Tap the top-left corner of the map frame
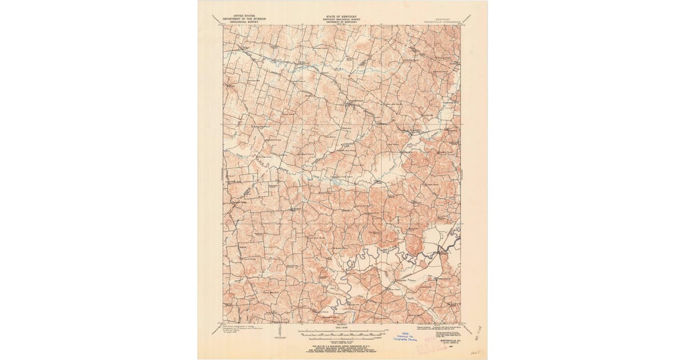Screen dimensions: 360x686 [x=224, y=25]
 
